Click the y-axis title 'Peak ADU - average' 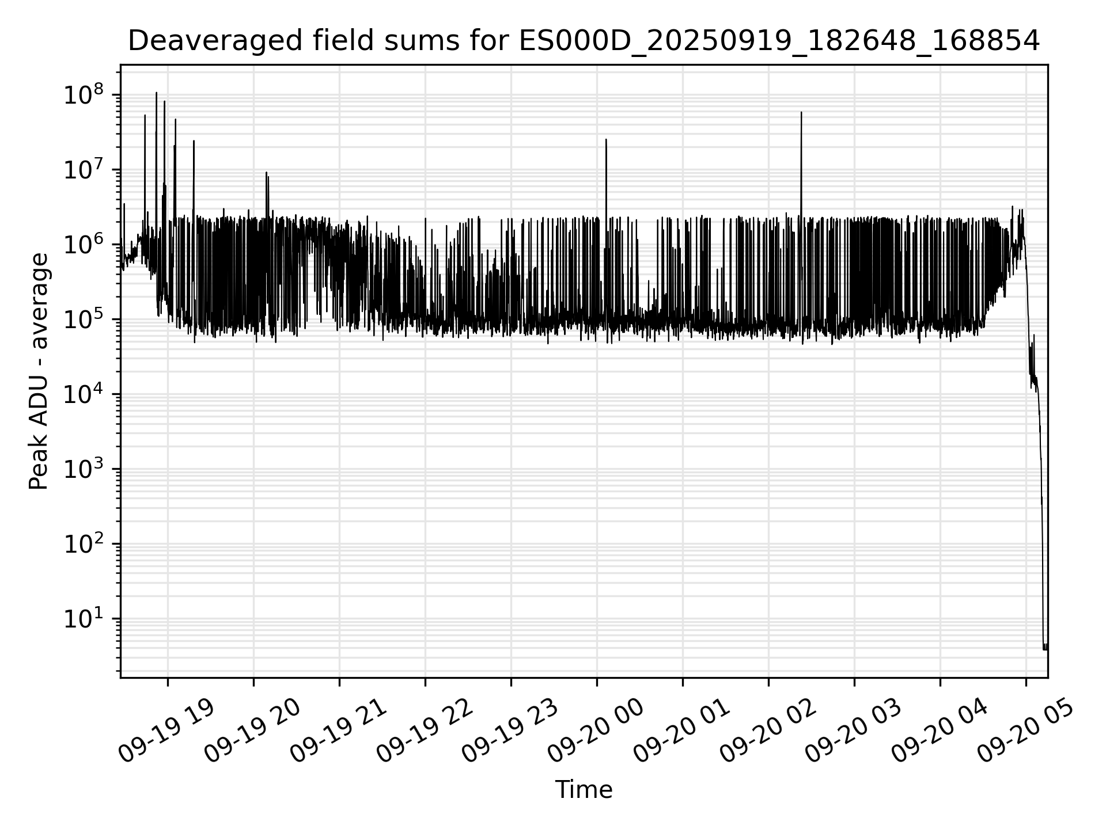tap(39, 371)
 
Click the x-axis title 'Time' tap(584, 789)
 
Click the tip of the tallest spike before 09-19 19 tap(156, 93)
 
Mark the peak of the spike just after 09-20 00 tap(606, 139)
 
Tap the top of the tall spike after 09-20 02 tap(801, 113)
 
